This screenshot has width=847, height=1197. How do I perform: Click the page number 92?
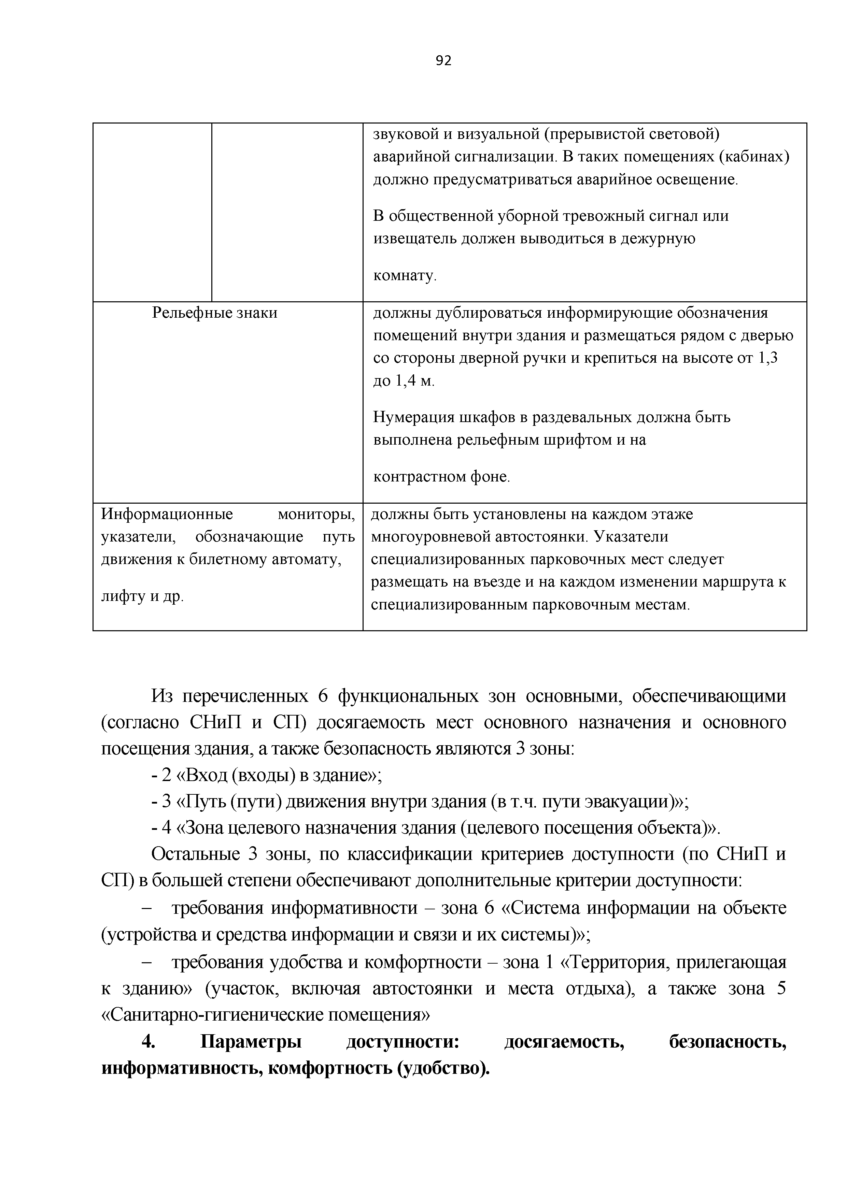tap(443, 61)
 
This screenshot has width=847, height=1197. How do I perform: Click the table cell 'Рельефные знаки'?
tap(214, 313)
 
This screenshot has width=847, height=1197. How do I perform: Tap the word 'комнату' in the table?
tap(404, 275)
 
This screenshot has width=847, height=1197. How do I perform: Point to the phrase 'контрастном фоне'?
tap(441, 476)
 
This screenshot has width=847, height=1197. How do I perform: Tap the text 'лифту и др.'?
tap(142, 596)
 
